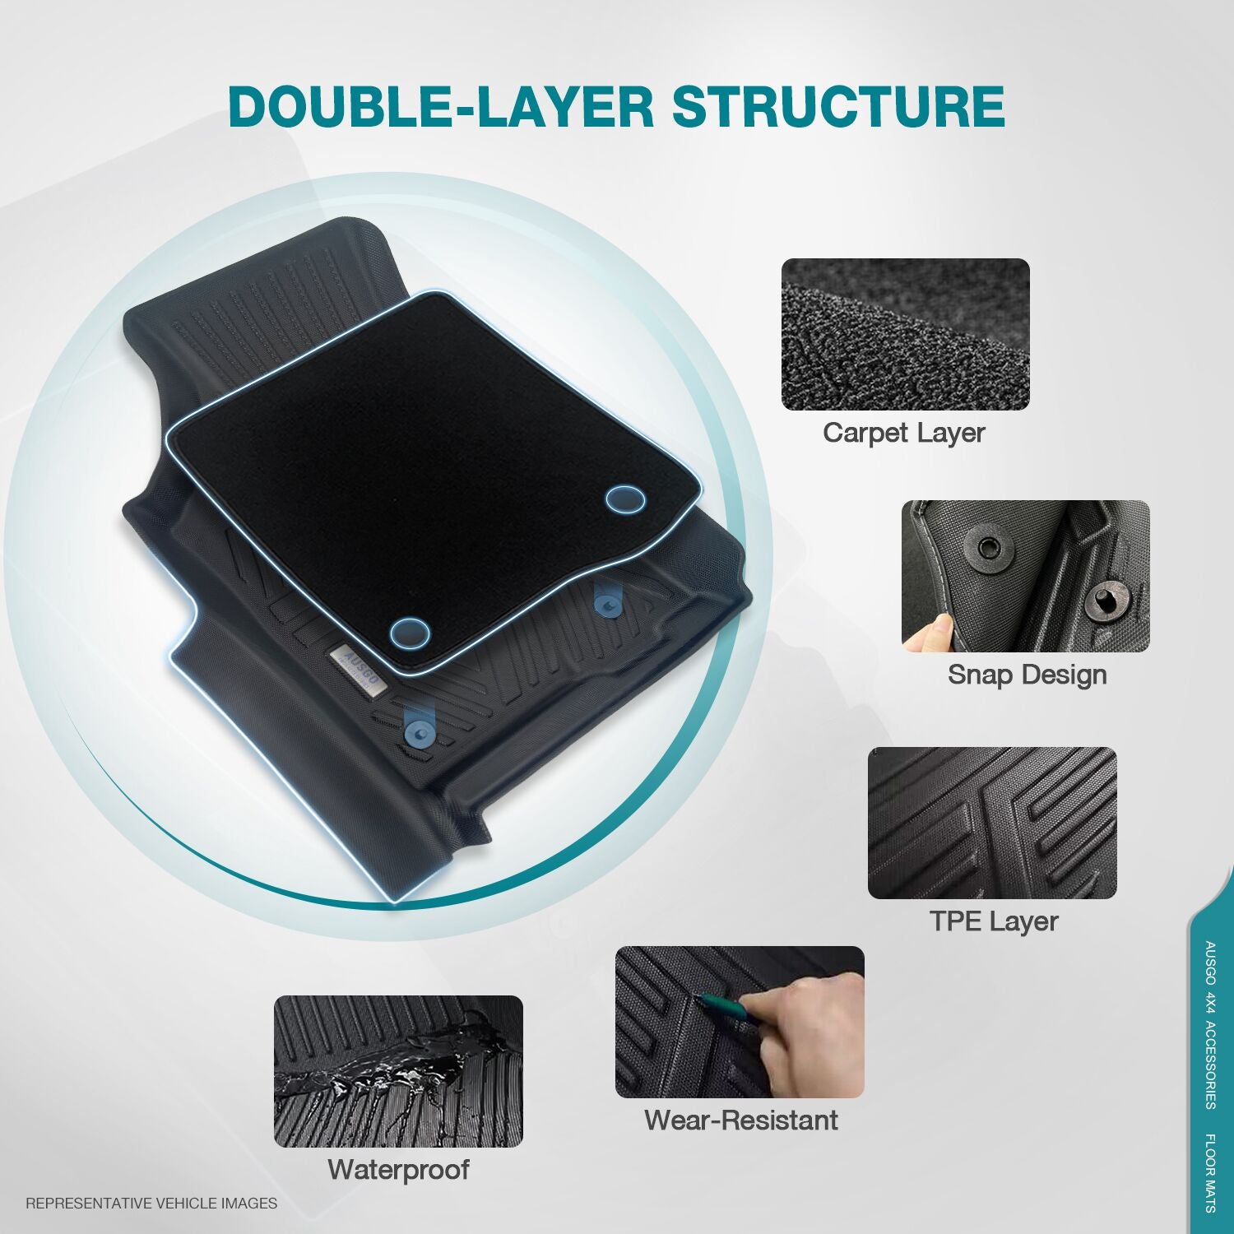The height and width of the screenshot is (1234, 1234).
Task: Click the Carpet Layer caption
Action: coord(903,433)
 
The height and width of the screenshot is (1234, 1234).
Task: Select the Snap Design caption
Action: coord(1027,675)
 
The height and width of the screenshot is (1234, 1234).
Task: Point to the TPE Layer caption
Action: coord(993,921)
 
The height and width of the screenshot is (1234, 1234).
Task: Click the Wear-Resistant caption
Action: coord(740,1120)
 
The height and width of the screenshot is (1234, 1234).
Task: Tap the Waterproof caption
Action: coord(398,1169)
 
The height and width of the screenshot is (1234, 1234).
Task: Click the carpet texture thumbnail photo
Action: coord(905,334)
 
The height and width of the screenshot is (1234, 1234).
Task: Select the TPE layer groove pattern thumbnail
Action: coord(992,823)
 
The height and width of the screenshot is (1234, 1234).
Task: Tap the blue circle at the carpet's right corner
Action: coord(625,499)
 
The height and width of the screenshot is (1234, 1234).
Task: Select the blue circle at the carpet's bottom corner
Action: coord(410,633)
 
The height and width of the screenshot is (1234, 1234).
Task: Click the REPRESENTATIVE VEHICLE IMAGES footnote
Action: coord(151,1204)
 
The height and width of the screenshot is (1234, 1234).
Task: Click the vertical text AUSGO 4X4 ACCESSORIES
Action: coord(1210,1025)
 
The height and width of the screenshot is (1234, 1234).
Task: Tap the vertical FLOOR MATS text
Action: coord(1210,1173)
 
